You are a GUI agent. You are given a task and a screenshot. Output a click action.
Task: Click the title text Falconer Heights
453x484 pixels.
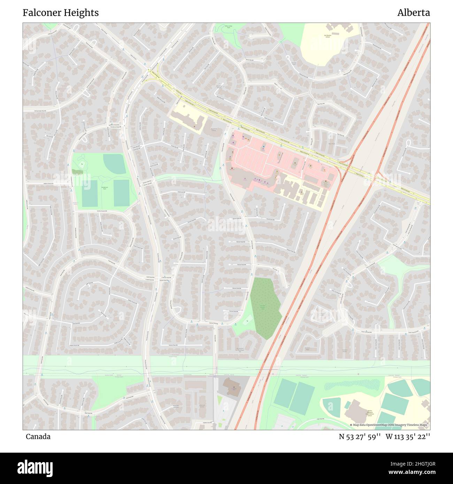61,13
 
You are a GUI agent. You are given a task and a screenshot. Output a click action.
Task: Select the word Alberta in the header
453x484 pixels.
413,13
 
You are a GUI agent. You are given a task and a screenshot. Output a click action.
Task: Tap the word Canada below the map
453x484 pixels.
38,437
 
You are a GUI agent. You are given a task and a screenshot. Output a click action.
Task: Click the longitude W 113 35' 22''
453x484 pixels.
407,437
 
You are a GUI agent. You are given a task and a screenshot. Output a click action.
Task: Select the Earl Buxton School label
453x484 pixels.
327,36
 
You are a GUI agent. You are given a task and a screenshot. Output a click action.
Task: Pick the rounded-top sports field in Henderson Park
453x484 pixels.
115,163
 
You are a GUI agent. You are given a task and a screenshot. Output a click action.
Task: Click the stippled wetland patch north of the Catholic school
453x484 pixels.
352,385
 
